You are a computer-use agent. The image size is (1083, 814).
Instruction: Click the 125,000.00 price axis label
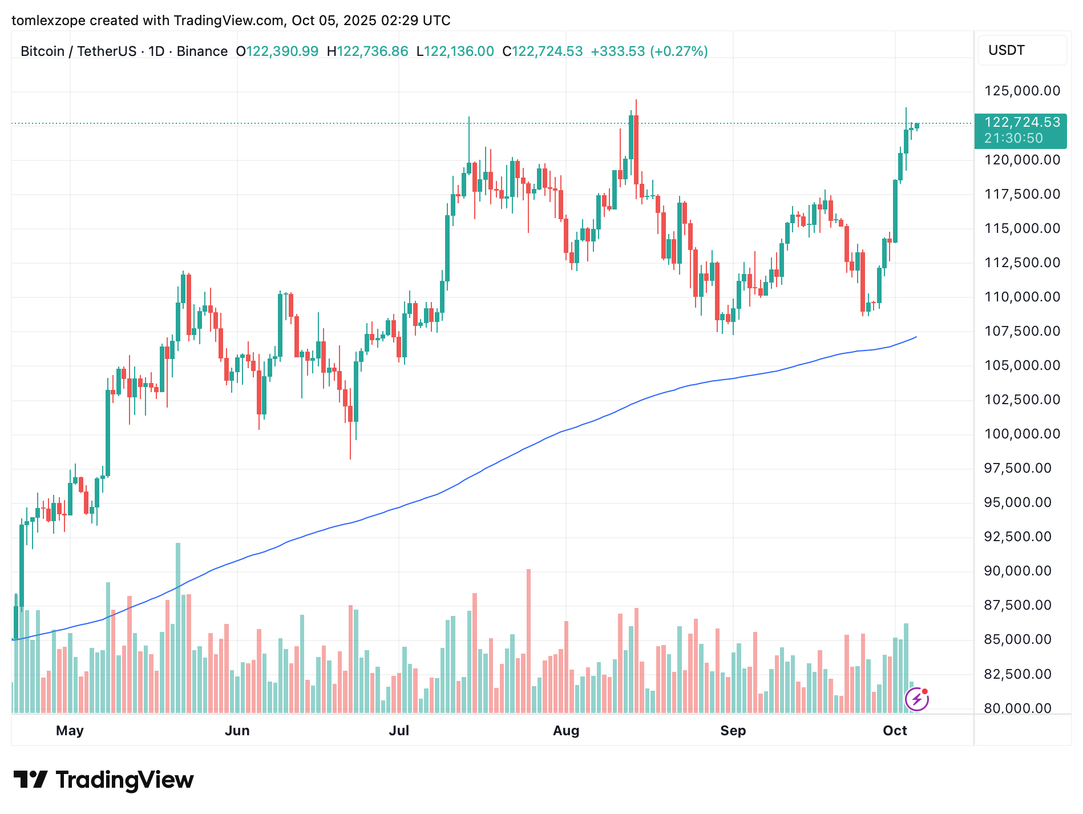coord(1022,91)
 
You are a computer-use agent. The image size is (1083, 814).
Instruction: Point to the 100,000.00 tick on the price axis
coord(1022,434)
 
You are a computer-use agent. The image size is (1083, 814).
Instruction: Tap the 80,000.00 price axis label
coord(1017,708)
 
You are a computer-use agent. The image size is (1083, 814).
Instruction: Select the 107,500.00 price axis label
coord(1022,331)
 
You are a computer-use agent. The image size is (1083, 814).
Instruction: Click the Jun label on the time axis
coord(237,731)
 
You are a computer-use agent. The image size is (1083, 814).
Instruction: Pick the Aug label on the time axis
coord(566,731)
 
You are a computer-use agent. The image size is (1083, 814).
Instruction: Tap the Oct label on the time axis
coord(895,731)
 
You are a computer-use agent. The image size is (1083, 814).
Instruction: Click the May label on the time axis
coord(70,731)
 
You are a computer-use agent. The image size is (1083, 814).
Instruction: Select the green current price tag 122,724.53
coord(1022,123)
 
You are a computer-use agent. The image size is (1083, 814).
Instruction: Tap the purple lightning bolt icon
coord(916,699)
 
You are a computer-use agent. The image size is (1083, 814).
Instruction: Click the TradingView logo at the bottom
coord(103,780)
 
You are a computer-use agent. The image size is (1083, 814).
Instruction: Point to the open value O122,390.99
coord(277,51)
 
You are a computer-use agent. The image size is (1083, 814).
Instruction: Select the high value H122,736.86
coord(367,51)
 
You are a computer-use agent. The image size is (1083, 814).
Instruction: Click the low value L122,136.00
coord(455,51)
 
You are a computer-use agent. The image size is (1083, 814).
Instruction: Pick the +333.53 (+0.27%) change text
coord(649,51)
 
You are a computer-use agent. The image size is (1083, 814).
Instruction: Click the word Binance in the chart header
coord(202,51)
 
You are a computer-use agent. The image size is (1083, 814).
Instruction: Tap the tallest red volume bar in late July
coord(528,639)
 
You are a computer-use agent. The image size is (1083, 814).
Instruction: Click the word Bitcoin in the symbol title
coord(42,51)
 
